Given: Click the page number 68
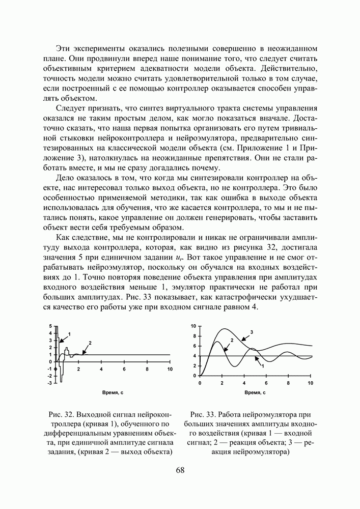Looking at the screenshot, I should [180, 470].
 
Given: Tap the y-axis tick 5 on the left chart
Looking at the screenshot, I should [50, 326].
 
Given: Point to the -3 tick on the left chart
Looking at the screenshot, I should [49, 382].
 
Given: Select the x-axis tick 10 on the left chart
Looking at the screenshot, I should [169, 369].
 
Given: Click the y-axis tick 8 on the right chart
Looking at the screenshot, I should [193, 336].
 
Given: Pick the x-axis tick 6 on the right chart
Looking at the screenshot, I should [266, 382].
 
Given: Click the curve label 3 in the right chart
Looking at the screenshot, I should [252, 332].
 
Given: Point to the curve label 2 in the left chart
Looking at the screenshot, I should [90, 342].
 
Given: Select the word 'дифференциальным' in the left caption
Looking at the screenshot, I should [74, 433].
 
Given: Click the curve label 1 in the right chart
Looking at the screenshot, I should [263, 365].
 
